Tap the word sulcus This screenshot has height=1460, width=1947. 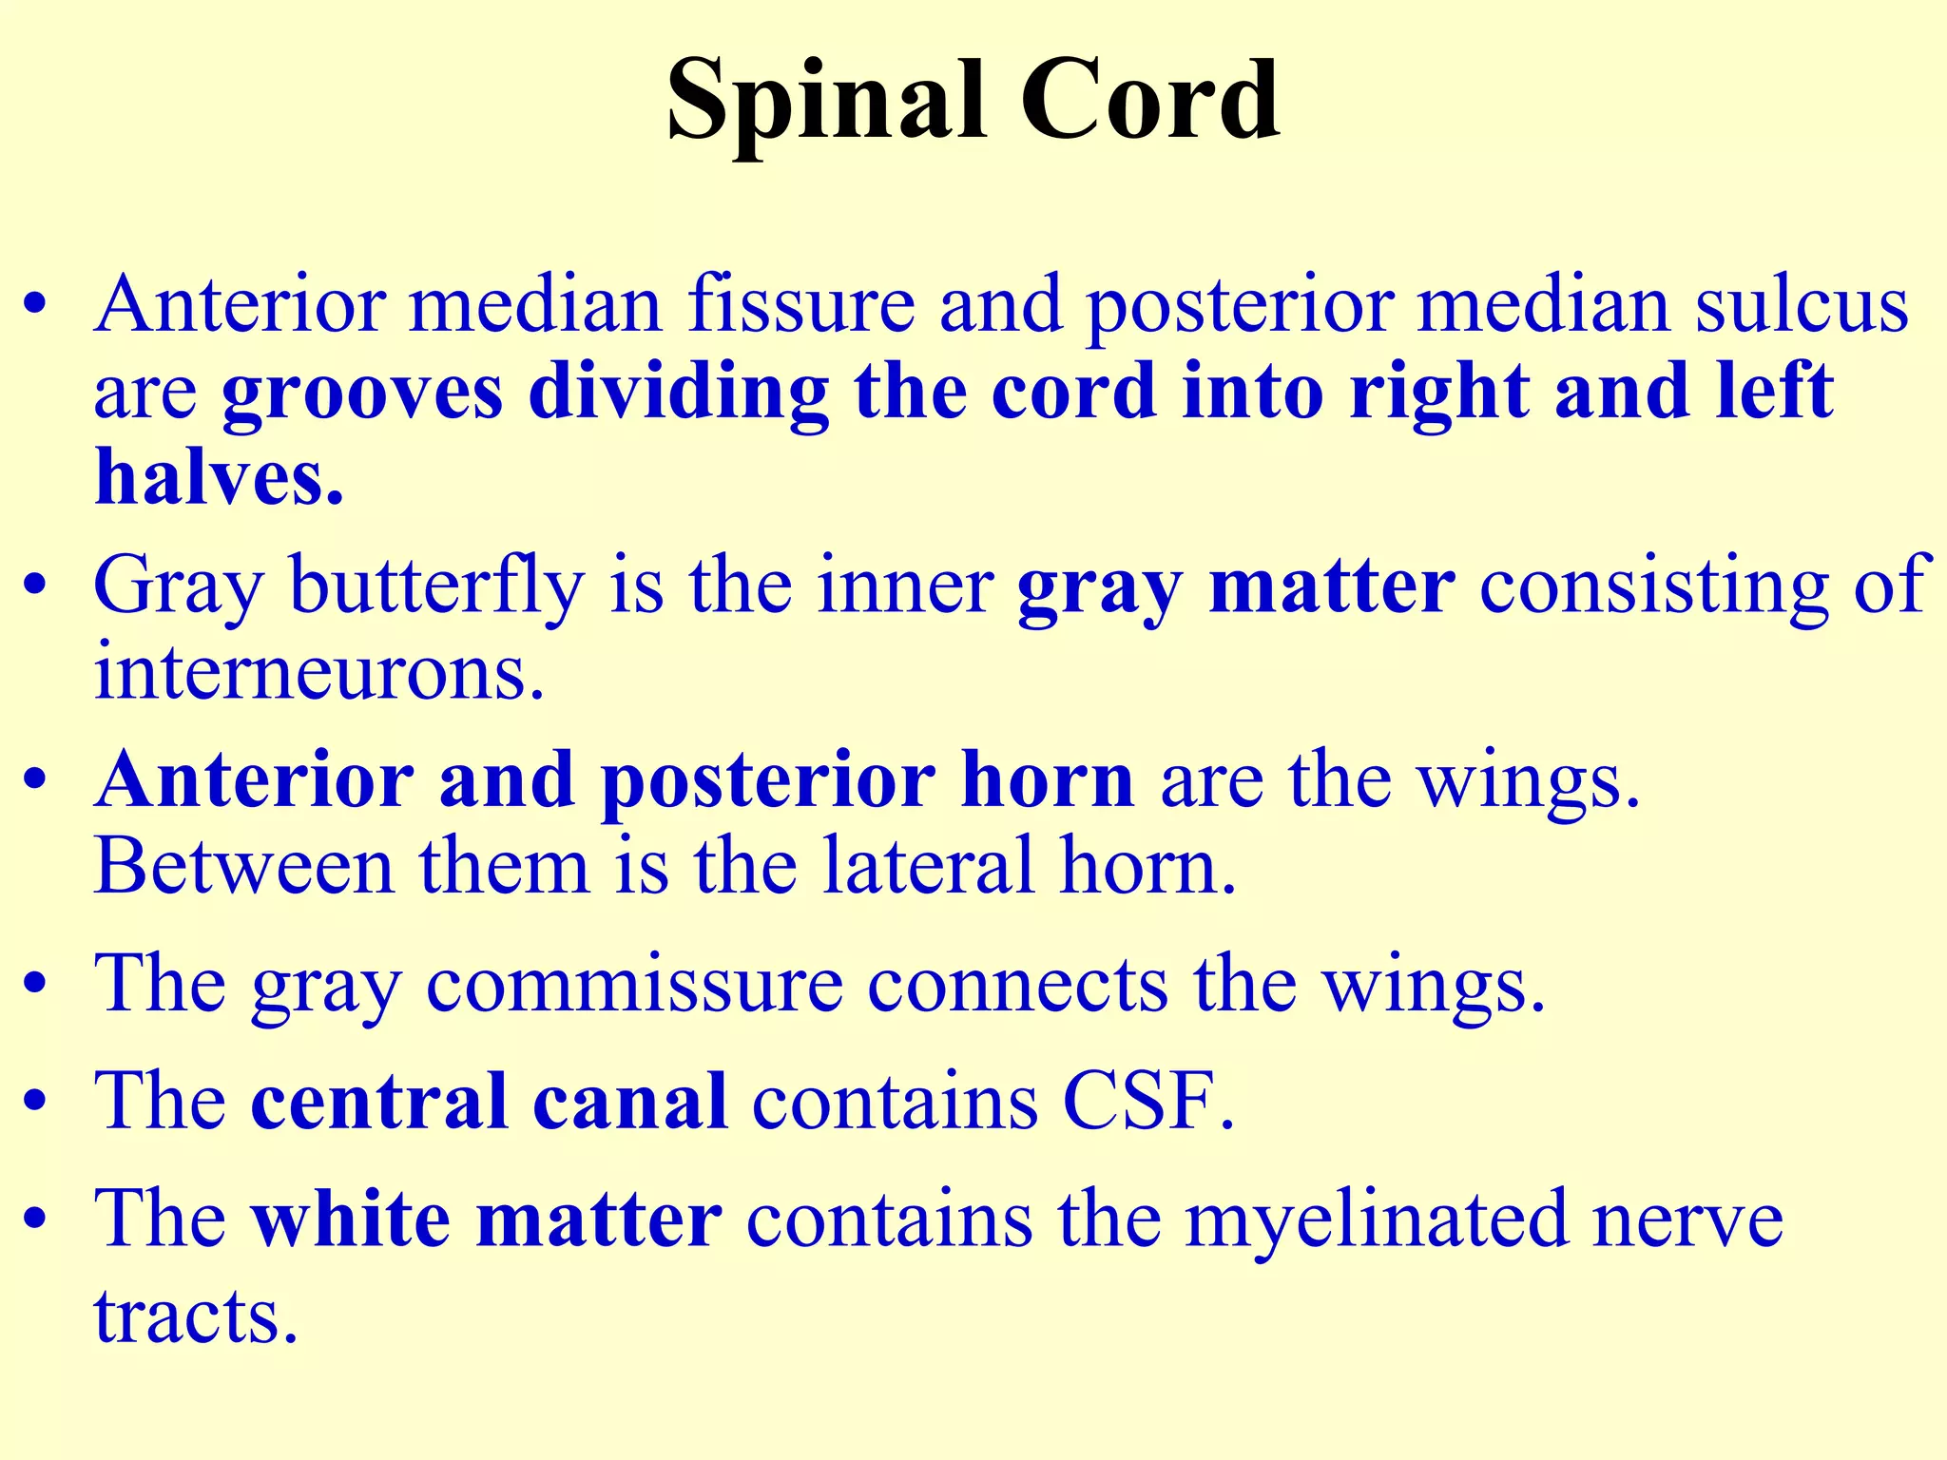[x=1802, y=306]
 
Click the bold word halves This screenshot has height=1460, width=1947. [x=219, y=477]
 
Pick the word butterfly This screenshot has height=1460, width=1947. [x=436, y=587]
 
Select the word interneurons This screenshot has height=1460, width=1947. [x=319, y=673]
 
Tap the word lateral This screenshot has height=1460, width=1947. [x=927, y=867]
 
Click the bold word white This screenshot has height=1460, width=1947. [x=350, y=1219]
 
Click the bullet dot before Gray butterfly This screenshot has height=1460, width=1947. [x=35, y=586]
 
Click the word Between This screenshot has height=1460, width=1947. [x=244, y=867]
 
